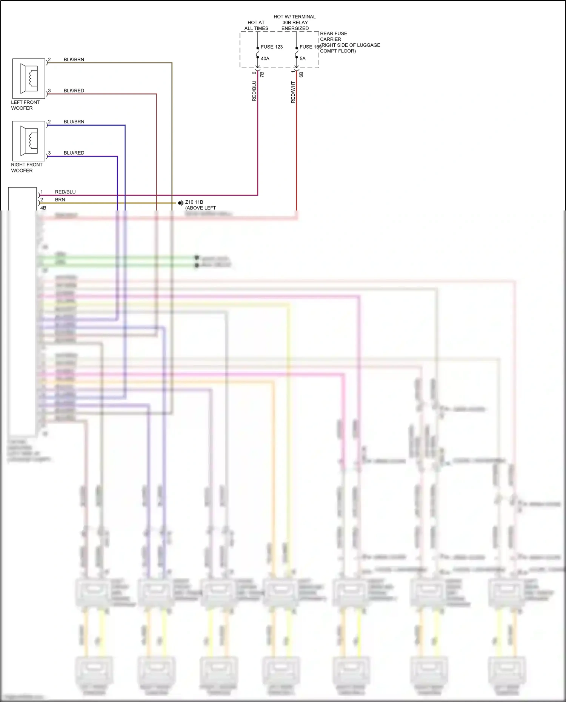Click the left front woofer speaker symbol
29,78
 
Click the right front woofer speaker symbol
29,141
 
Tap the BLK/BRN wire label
74,60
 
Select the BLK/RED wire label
74,91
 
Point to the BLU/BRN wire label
74,122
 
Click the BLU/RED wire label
74,153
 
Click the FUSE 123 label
272,47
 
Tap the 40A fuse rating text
265,58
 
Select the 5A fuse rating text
303,58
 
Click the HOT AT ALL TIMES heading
256,25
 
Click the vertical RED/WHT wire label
293,92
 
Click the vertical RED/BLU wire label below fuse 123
254,91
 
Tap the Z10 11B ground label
194,202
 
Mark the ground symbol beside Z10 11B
181,203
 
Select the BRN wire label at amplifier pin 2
60,200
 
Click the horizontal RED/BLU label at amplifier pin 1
65,192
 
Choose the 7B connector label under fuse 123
262,75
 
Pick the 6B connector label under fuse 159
301,75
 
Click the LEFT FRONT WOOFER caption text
25,105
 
